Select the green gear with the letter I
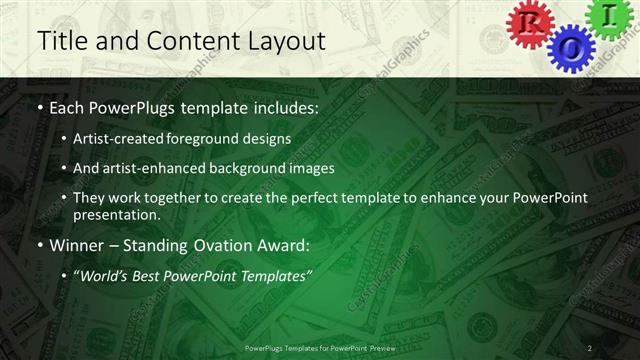coord(613,17)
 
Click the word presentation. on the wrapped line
coord(115,214)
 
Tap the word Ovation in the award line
coord(232,245)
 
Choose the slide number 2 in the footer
coord(590,347)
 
